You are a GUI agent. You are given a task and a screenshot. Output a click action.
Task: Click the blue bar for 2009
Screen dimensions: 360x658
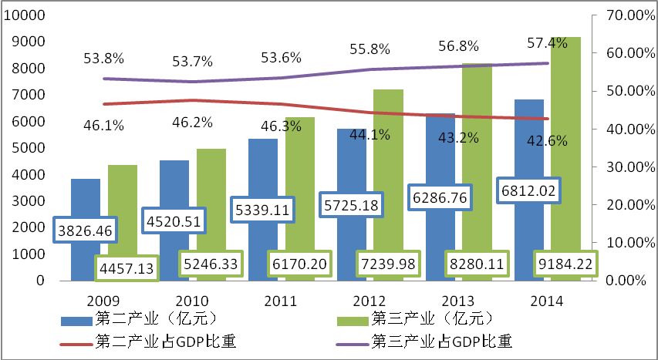86,200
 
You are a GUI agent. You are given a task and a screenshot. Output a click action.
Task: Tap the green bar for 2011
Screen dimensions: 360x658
301,185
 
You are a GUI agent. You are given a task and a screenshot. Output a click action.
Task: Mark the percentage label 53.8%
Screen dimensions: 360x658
102,57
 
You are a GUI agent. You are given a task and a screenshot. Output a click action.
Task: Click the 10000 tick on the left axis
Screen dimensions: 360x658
27,15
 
